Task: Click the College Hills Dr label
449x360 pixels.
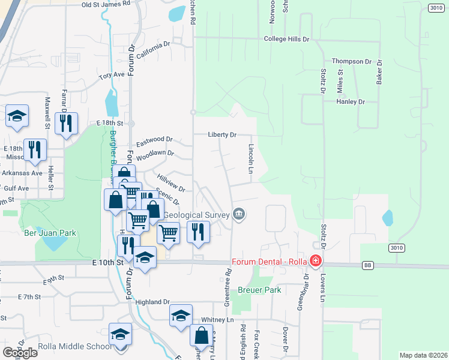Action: tap(286, 39)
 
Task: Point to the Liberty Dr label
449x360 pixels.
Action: tap(222, 135)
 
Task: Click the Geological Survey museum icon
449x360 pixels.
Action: tap(239, 214)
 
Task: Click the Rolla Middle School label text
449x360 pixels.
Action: tap(75, 346)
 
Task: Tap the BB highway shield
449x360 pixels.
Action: tap(369, 265)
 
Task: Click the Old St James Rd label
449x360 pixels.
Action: tap(106, 4)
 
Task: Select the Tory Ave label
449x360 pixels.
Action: tap(112, 75)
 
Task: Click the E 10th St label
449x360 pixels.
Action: tap(108, 262)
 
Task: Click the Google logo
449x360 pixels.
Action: tap(20, 353)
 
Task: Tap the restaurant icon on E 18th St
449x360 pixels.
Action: tap(65, 123)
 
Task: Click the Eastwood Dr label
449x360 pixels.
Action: tap(154, 141)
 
